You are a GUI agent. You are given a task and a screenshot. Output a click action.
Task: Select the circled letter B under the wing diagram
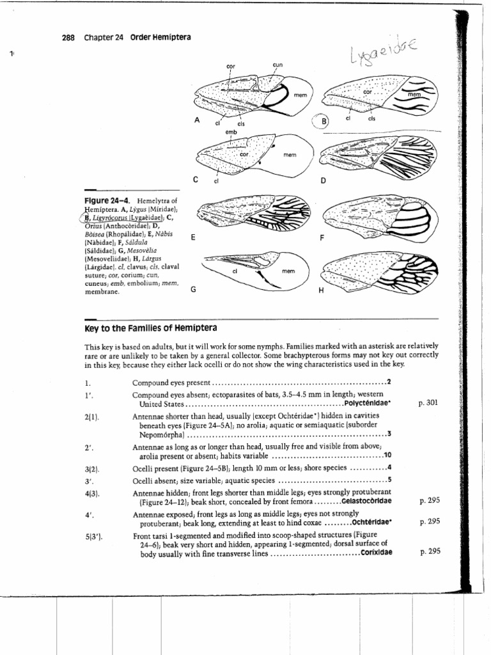pos(323,122)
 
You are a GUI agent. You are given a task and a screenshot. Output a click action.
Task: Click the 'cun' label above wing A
pos(277,65)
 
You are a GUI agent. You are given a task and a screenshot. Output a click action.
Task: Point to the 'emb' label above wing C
pos(231,132)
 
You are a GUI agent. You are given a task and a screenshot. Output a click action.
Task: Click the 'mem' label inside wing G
pos(288,271)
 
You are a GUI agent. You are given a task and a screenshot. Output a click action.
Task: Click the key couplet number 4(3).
pos(93,493)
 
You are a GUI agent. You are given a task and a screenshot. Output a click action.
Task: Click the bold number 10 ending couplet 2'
pos(387,456)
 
